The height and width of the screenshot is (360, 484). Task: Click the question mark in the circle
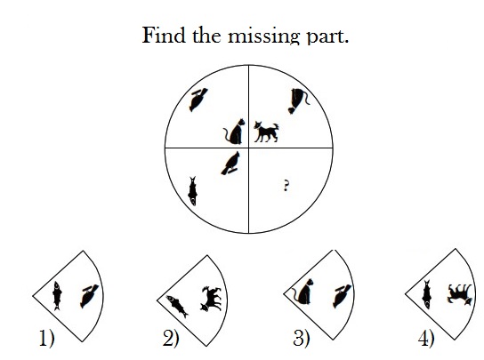click(286, 186)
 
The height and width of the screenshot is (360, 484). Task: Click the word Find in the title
click(164, 35)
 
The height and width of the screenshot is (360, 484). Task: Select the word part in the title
click(327, 37)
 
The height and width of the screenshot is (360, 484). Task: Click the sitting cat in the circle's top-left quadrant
click(235, 132)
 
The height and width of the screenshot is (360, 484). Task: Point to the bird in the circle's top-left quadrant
click(198, 100)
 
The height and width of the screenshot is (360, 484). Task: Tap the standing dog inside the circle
click(266, 132)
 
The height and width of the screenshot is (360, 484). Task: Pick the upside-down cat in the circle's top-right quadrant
click(298, 100)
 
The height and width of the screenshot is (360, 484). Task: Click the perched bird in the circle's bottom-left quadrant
click(230, 164)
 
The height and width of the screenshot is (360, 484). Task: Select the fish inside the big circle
click(193, 191)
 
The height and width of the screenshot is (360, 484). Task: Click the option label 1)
click(47, 338)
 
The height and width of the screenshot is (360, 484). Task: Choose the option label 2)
click(171, 339)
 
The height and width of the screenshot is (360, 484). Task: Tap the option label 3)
click(301, 338)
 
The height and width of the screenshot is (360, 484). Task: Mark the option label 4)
click(426, 339)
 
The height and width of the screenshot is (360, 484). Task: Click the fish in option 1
click(57, 295)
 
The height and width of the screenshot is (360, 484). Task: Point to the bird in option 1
click(89, 296)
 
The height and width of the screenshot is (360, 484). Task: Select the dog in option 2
click(212, 299)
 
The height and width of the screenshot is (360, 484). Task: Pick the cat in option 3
click(303, 292)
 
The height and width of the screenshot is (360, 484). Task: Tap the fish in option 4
click(427, 294)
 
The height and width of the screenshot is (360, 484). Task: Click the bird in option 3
click(342, 296)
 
